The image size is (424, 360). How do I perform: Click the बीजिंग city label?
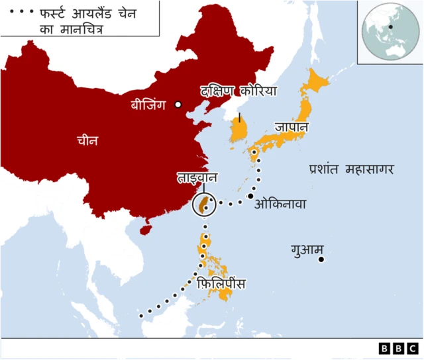tap(150, 105)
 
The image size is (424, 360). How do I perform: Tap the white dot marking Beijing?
tap(178, 105)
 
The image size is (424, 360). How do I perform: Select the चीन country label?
tap(87, 140)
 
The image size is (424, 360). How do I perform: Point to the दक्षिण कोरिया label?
tap(238, 91)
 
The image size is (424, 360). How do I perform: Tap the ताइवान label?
tap(197, 178)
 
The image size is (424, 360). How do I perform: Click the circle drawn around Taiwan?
tap(205, 205)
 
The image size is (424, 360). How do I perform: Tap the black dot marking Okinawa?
tap(251, 196)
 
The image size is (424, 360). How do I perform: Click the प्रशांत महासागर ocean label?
tap(351, 169)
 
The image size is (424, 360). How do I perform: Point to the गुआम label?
tap(307, 250)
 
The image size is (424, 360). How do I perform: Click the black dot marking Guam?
tap(321, 259)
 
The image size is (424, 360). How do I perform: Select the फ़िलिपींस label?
tap(222, 284)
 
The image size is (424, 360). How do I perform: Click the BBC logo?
tap(398, 348)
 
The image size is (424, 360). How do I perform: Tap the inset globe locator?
tap(390, 31)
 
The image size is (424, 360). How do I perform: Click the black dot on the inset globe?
tap(392, 27)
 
